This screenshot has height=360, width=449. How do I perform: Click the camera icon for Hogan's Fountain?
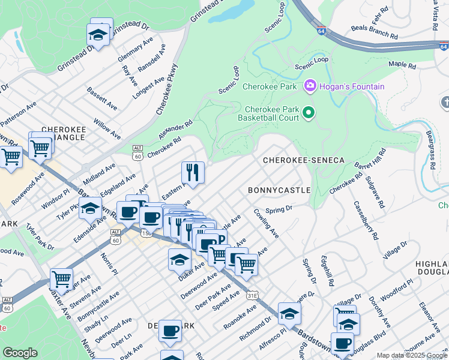pos(310,86)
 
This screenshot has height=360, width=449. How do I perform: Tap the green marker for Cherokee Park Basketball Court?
pos(309,113)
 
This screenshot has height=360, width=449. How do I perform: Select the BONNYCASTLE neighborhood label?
pos(279,190)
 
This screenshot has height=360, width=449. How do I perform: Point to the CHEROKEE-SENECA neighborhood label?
pos(304,160)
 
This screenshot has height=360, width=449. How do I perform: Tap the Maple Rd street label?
pos(402,65)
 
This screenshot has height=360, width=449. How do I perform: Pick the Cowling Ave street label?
pos(266,223)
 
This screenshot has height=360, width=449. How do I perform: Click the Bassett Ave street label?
pos(102,98)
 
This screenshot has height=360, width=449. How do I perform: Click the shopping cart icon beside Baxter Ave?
pos(61,278)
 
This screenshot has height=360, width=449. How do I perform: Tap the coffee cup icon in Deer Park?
pos(170,330)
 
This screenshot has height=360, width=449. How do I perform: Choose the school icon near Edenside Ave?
pos(91,209)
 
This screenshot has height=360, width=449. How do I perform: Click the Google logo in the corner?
pos(20,353)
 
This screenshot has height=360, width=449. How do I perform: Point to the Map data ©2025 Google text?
pos(411,355)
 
